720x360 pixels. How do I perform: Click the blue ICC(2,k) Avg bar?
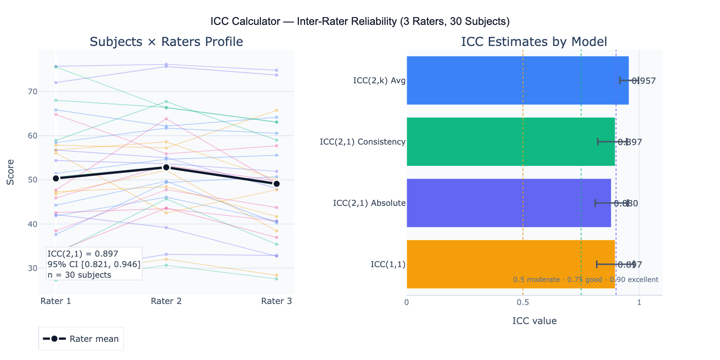[x=517, y=80]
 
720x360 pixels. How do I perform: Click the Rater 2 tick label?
[x=166, y=301]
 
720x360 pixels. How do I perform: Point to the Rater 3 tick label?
[x=276, y=301]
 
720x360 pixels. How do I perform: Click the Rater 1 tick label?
[x=56, y=301]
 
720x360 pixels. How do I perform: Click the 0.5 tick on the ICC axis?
[x=523, y=303]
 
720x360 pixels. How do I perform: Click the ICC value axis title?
[x=534, y=321]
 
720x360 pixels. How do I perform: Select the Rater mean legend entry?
[x=81, y=339]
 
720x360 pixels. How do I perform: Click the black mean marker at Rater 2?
[x=166, y=167]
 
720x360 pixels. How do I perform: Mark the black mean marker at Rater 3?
[x=276, y=184]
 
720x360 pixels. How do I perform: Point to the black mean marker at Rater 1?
[x=56, y=178]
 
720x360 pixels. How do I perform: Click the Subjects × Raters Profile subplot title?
[x=166, y=42]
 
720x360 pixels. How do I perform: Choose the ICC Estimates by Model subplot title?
[x=534, y=42]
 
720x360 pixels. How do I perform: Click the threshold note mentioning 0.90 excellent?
[x=585, y=280]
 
